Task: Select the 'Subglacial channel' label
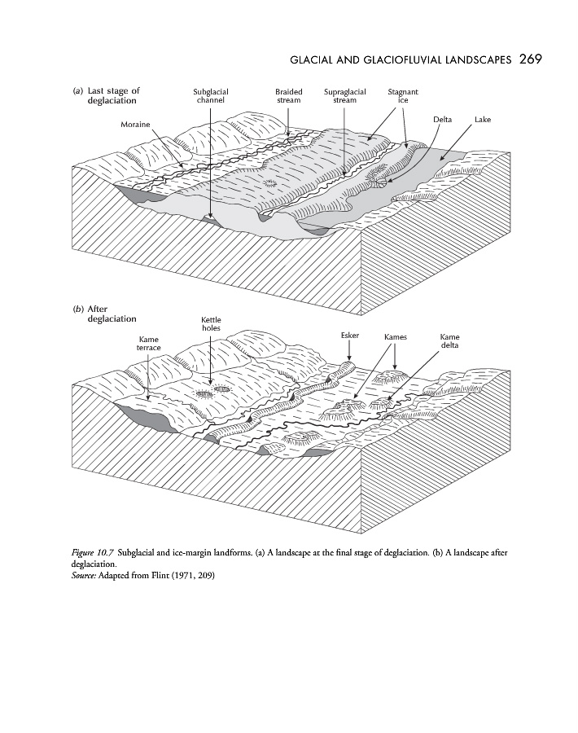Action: point(210,96)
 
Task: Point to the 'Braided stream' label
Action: point(288,96)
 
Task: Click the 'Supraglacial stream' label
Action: point(344,96)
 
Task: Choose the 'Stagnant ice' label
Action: point(403,96)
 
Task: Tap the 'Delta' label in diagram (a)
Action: point(443,120)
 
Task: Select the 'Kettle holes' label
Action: point(211,323)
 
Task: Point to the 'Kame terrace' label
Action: point(148,343)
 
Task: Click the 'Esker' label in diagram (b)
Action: point(348,336)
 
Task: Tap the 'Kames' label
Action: point(395,336)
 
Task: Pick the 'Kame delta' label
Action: point(449,340)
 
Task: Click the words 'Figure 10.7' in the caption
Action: point(93,553)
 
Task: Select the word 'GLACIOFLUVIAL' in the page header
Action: point(399,60)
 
